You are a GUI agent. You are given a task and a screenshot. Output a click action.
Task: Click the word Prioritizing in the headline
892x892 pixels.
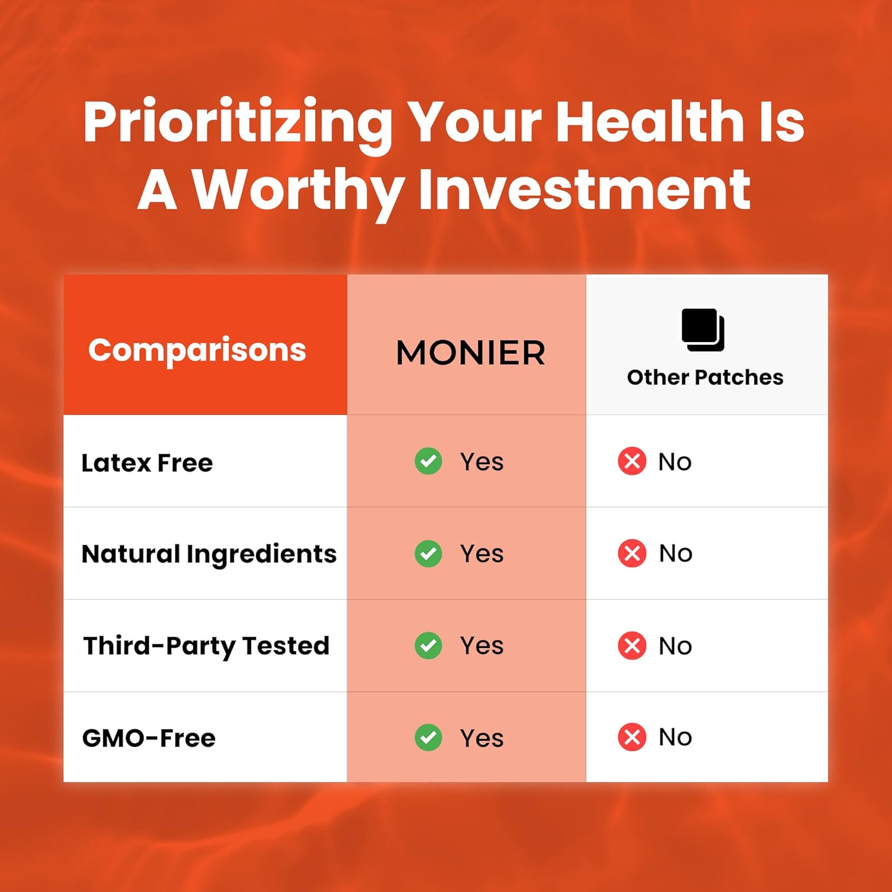[x=238, y=124]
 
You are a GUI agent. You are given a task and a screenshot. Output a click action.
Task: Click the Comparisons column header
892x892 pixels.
[x=197, y=350]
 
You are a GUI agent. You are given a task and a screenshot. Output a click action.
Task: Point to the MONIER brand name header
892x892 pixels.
[x=470, y=353]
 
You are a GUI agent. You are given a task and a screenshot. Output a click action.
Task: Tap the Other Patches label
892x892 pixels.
[x=705, y=377]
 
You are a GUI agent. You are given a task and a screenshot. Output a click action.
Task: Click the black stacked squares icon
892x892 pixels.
[x=703, y=330]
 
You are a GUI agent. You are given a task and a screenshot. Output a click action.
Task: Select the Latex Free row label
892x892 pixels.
[x=147, y=463]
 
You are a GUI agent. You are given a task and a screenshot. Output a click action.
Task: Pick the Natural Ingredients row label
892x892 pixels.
[x=209, y=555]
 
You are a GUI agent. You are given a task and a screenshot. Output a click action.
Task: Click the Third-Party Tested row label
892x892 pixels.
[x=206, y=646]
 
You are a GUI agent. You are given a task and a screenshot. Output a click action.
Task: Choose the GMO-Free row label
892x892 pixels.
[x=149, y=738]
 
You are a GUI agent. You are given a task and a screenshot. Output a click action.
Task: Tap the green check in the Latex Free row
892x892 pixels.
[x=428, y=461]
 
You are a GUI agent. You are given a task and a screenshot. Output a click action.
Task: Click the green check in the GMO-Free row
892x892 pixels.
[x=428, y=737]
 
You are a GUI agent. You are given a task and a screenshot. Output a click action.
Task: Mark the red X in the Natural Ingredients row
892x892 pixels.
[x=632, y=554]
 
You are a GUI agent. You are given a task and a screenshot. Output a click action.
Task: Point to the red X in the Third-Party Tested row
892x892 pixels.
[x=632, y=646]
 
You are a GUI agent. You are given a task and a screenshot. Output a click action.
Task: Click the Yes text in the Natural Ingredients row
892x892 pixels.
[x=482, y=554]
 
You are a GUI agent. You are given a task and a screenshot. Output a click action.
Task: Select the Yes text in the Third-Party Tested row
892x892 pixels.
[x=482, y=646]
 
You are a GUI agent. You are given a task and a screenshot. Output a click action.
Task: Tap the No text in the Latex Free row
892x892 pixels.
[x=675, y=462]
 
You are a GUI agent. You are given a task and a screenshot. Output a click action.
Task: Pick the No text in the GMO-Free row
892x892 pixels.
[x=676, y=737]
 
